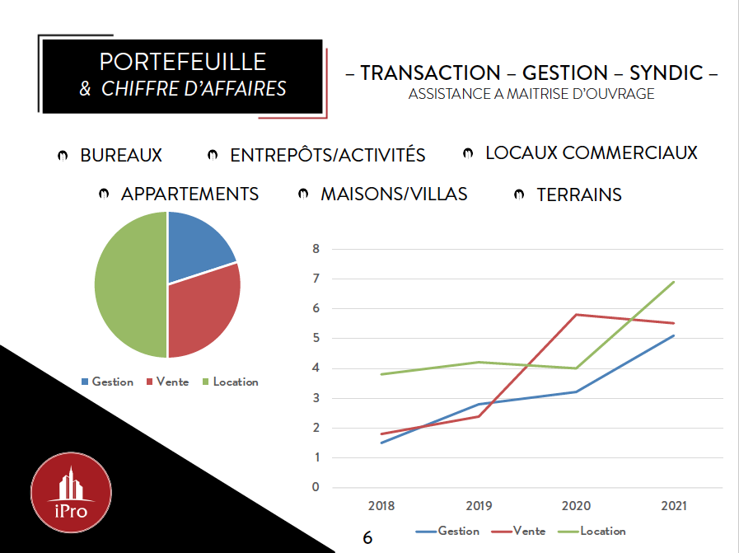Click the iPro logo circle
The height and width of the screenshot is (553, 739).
71,494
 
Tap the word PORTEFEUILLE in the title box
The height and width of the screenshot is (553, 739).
182,63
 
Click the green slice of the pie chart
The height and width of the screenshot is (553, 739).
128,284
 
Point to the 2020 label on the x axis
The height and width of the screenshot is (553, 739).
576,505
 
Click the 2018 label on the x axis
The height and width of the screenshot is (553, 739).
381,505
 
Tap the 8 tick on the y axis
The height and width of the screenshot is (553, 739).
315,249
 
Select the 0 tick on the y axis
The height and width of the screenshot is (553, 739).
315,487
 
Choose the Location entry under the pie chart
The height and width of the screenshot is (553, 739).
235,382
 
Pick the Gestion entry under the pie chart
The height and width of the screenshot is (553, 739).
112,382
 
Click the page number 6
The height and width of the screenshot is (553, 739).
367,537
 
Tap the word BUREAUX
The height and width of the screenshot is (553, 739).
121,155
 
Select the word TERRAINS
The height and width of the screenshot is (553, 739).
579,195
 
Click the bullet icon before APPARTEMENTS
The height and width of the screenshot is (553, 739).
104,194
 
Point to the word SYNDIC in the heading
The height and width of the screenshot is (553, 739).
666,73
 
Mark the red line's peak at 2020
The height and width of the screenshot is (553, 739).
576,314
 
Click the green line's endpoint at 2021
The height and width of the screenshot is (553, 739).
674,282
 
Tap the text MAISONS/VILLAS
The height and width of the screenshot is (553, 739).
394,194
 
